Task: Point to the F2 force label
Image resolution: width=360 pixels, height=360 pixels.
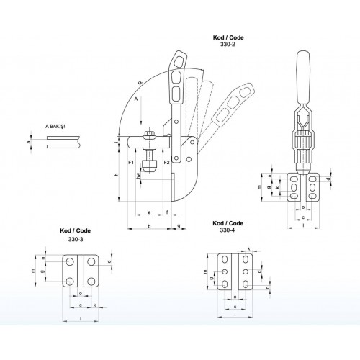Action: click(166, 163)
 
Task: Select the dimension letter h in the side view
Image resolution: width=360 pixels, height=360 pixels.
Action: click(117, 175)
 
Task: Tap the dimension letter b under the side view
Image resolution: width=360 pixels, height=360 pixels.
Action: click(148, 226)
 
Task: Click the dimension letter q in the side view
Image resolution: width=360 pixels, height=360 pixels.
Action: click(178, 226)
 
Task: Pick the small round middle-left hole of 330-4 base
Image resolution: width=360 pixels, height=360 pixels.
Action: click(225, 271)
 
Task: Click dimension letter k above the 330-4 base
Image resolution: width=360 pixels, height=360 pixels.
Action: click(248, 248)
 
